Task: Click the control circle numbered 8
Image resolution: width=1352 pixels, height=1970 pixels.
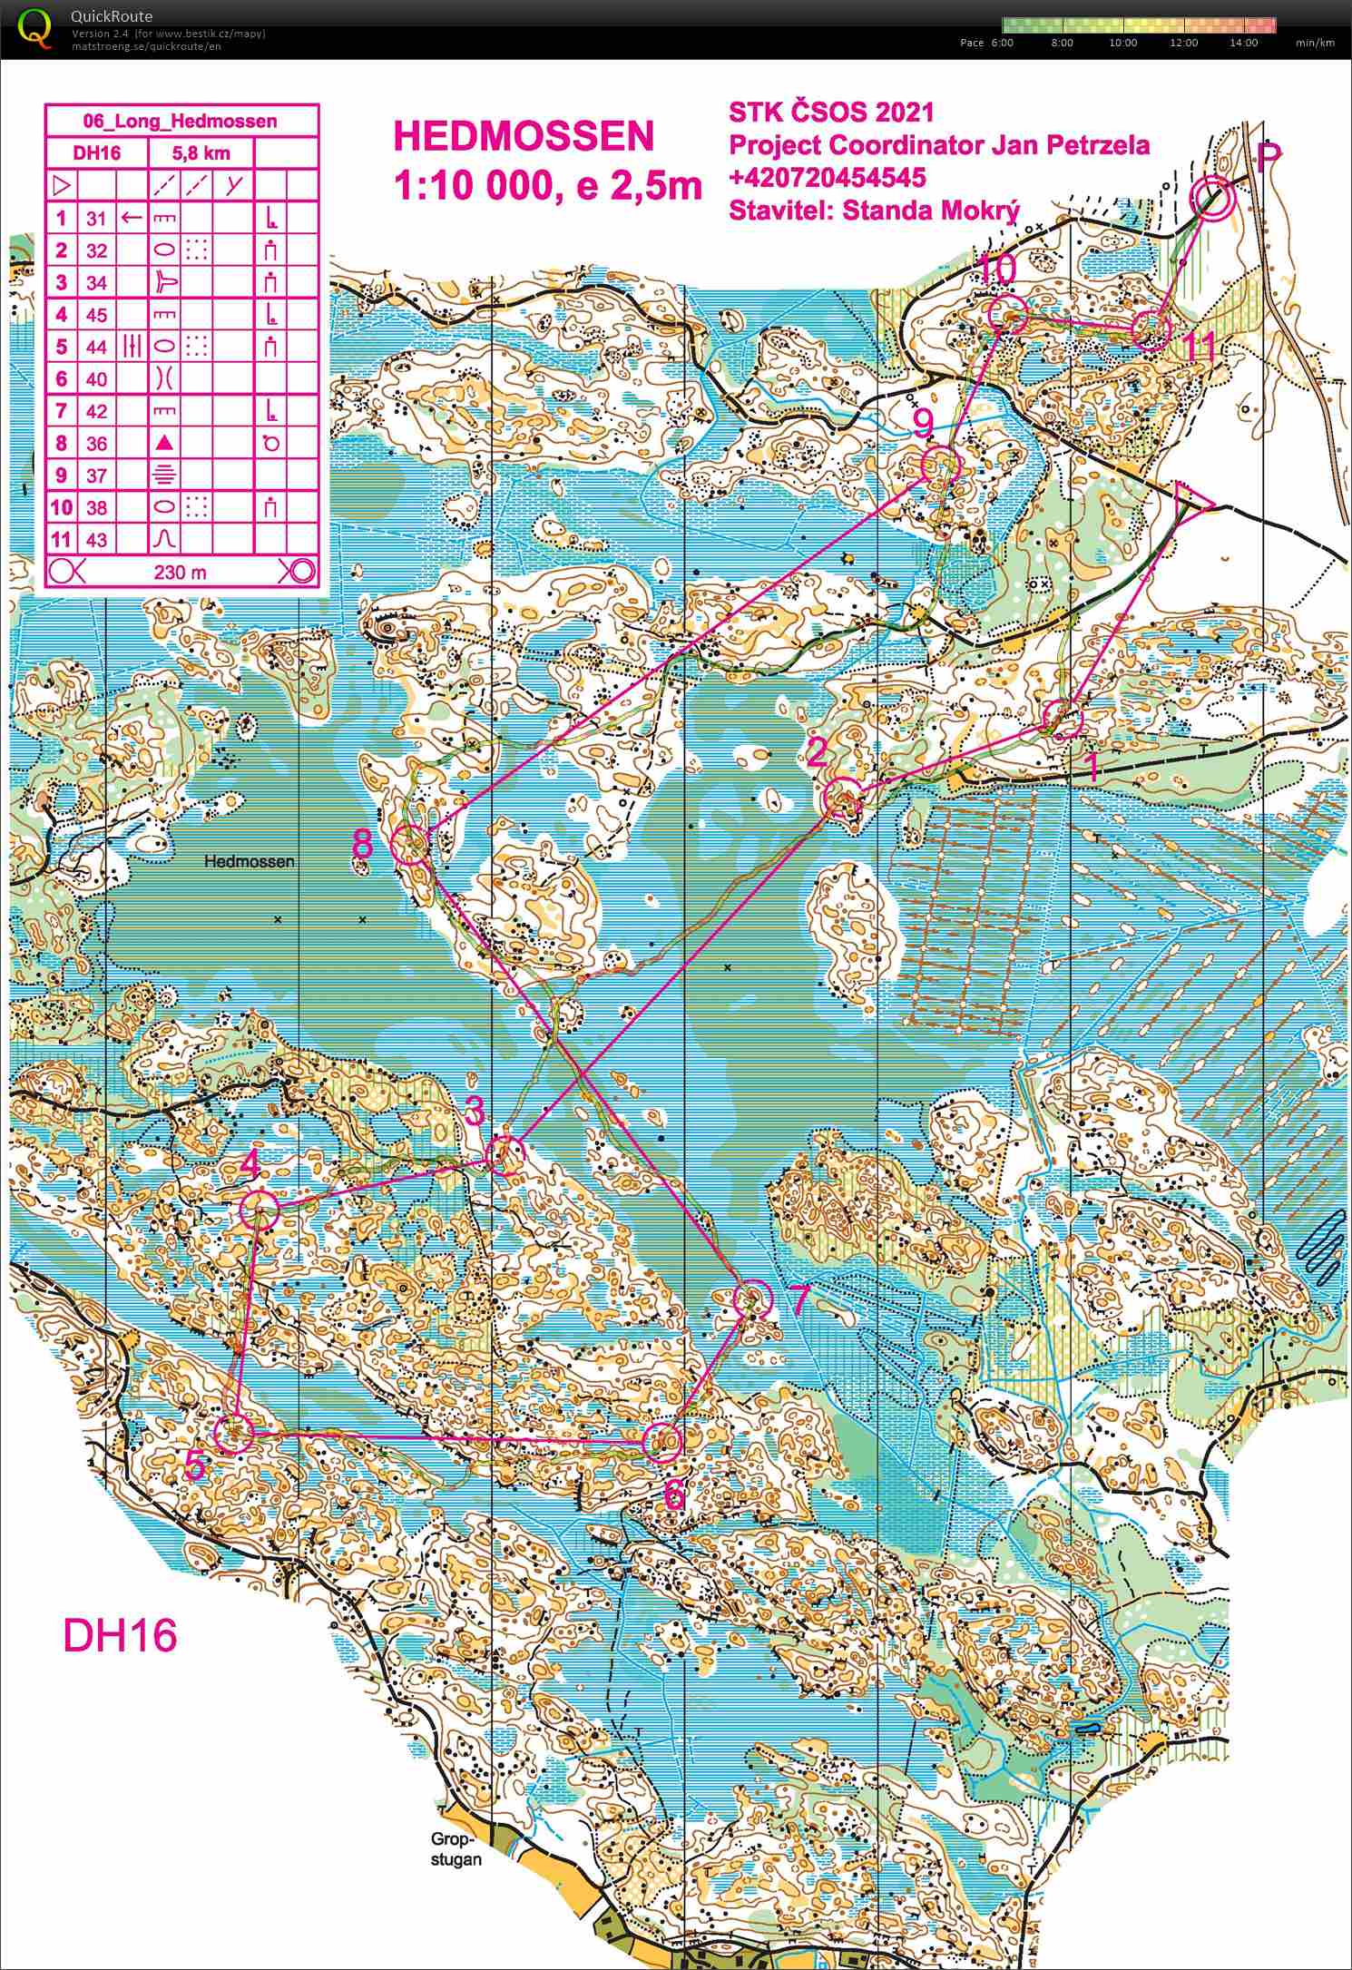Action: (x=410, y=845)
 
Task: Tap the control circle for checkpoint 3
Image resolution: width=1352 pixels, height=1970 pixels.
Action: (x=505, y=1156)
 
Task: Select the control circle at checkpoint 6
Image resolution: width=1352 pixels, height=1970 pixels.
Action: (x=662, y=1441)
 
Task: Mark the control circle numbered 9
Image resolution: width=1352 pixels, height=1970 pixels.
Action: (x=940, y=465)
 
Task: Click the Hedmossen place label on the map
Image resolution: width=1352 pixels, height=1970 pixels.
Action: (x=250, y=861)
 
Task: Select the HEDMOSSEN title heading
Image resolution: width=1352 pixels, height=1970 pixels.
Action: (x=523, y=137)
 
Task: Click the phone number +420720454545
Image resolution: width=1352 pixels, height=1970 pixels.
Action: (x=827, y=176)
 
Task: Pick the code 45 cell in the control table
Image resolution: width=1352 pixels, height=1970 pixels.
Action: (x=96, y=315)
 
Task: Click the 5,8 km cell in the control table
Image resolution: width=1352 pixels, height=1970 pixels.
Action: (x=200, y=153)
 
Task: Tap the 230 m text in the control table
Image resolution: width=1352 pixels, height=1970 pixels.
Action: (x=181, y=572)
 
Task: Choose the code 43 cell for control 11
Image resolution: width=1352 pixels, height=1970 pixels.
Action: (x=96, y=540)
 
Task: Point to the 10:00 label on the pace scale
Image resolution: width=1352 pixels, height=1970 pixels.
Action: (x=1122, y=43)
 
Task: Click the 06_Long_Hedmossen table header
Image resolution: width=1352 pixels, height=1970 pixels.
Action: (x=181, y=121)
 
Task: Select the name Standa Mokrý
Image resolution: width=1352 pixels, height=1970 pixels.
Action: (x=931, y=211)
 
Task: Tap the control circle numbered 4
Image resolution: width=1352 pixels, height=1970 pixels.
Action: (x=260, y=1207)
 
